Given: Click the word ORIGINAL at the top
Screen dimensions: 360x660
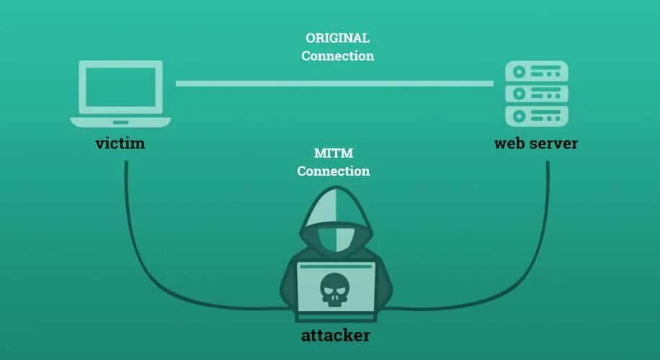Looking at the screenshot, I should click(x=337, y=38).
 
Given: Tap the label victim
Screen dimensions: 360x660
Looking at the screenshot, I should click(x=120, y=143).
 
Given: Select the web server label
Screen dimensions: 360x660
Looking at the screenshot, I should click(x=535, y=143).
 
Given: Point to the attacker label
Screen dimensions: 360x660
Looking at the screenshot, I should click(x=336, y=336).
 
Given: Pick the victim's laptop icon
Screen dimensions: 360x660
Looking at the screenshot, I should click(x=120, y=94).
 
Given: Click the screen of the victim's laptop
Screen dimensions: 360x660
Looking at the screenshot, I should click(x=120, y=87).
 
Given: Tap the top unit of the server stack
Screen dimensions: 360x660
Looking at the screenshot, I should click(x=537, y=71).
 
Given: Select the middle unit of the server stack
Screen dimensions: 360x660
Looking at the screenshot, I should click(x=537, y=94).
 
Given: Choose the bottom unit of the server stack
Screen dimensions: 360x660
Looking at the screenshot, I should click(x=537, y=115).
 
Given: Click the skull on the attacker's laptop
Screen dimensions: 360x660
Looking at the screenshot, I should click(x=336, y=289).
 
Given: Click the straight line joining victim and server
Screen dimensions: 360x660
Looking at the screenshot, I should click(x=334, y=84).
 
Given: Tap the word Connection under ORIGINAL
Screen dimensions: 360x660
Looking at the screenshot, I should click(x=337, y=56).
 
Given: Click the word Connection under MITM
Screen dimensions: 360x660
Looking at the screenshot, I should click(x=333, y=171).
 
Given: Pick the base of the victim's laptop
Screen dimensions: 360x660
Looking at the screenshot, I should click(x=120, y=122).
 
